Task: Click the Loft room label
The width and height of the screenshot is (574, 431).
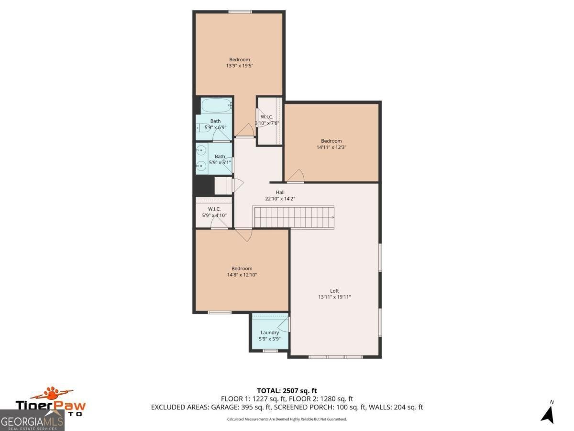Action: pos(334,291)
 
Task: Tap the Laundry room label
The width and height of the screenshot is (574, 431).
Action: pos(270,333)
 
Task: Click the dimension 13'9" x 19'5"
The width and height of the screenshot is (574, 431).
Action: pos(239,66)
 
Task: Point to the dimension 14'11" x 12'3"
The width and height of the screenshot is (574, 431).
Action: pos(331,147)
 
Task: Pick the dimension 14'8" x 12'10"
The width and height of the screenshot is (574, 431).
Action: pos(242,275)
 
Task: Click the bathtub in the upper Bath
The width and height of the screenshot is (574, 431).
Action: pos(216,105)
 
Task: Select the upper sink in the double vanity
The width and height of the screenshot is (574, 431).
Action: pos(201,150)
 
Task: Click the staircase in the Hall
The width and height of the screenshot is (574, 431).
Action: pos(293,216)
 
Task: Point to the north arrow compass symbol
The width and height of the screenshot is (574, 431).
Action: pos(548,413)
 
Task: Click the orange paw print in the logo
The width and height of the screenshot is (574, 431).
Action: pos(51,394)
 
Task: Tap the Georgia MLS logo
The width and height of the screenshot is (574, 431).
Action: pos(32,421)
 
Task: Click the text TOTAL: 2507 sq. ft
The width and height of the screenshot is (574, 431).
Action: pos(287,391)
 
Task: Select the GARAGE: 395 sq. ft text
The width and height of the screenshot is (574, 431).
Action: pos(244,408)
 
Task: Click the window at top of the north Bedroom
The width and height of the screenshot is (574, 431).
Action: pos(240,11)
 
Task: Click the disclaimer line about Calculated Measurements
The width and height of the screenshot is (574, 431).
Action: pos(287,419)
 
